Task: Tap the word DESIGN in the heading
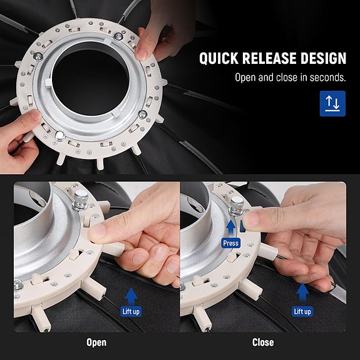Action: point(325,59)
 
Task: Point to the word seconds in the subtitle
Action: point(327,78)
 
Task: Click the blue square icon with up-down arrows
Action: point(332,104)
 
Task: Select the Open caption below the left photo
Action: point(96,342)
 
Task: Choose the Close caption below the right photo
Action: point(262,342)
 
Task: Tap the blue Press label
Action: point(230,242)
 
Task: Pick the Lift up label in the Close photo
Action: point(302,311)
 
